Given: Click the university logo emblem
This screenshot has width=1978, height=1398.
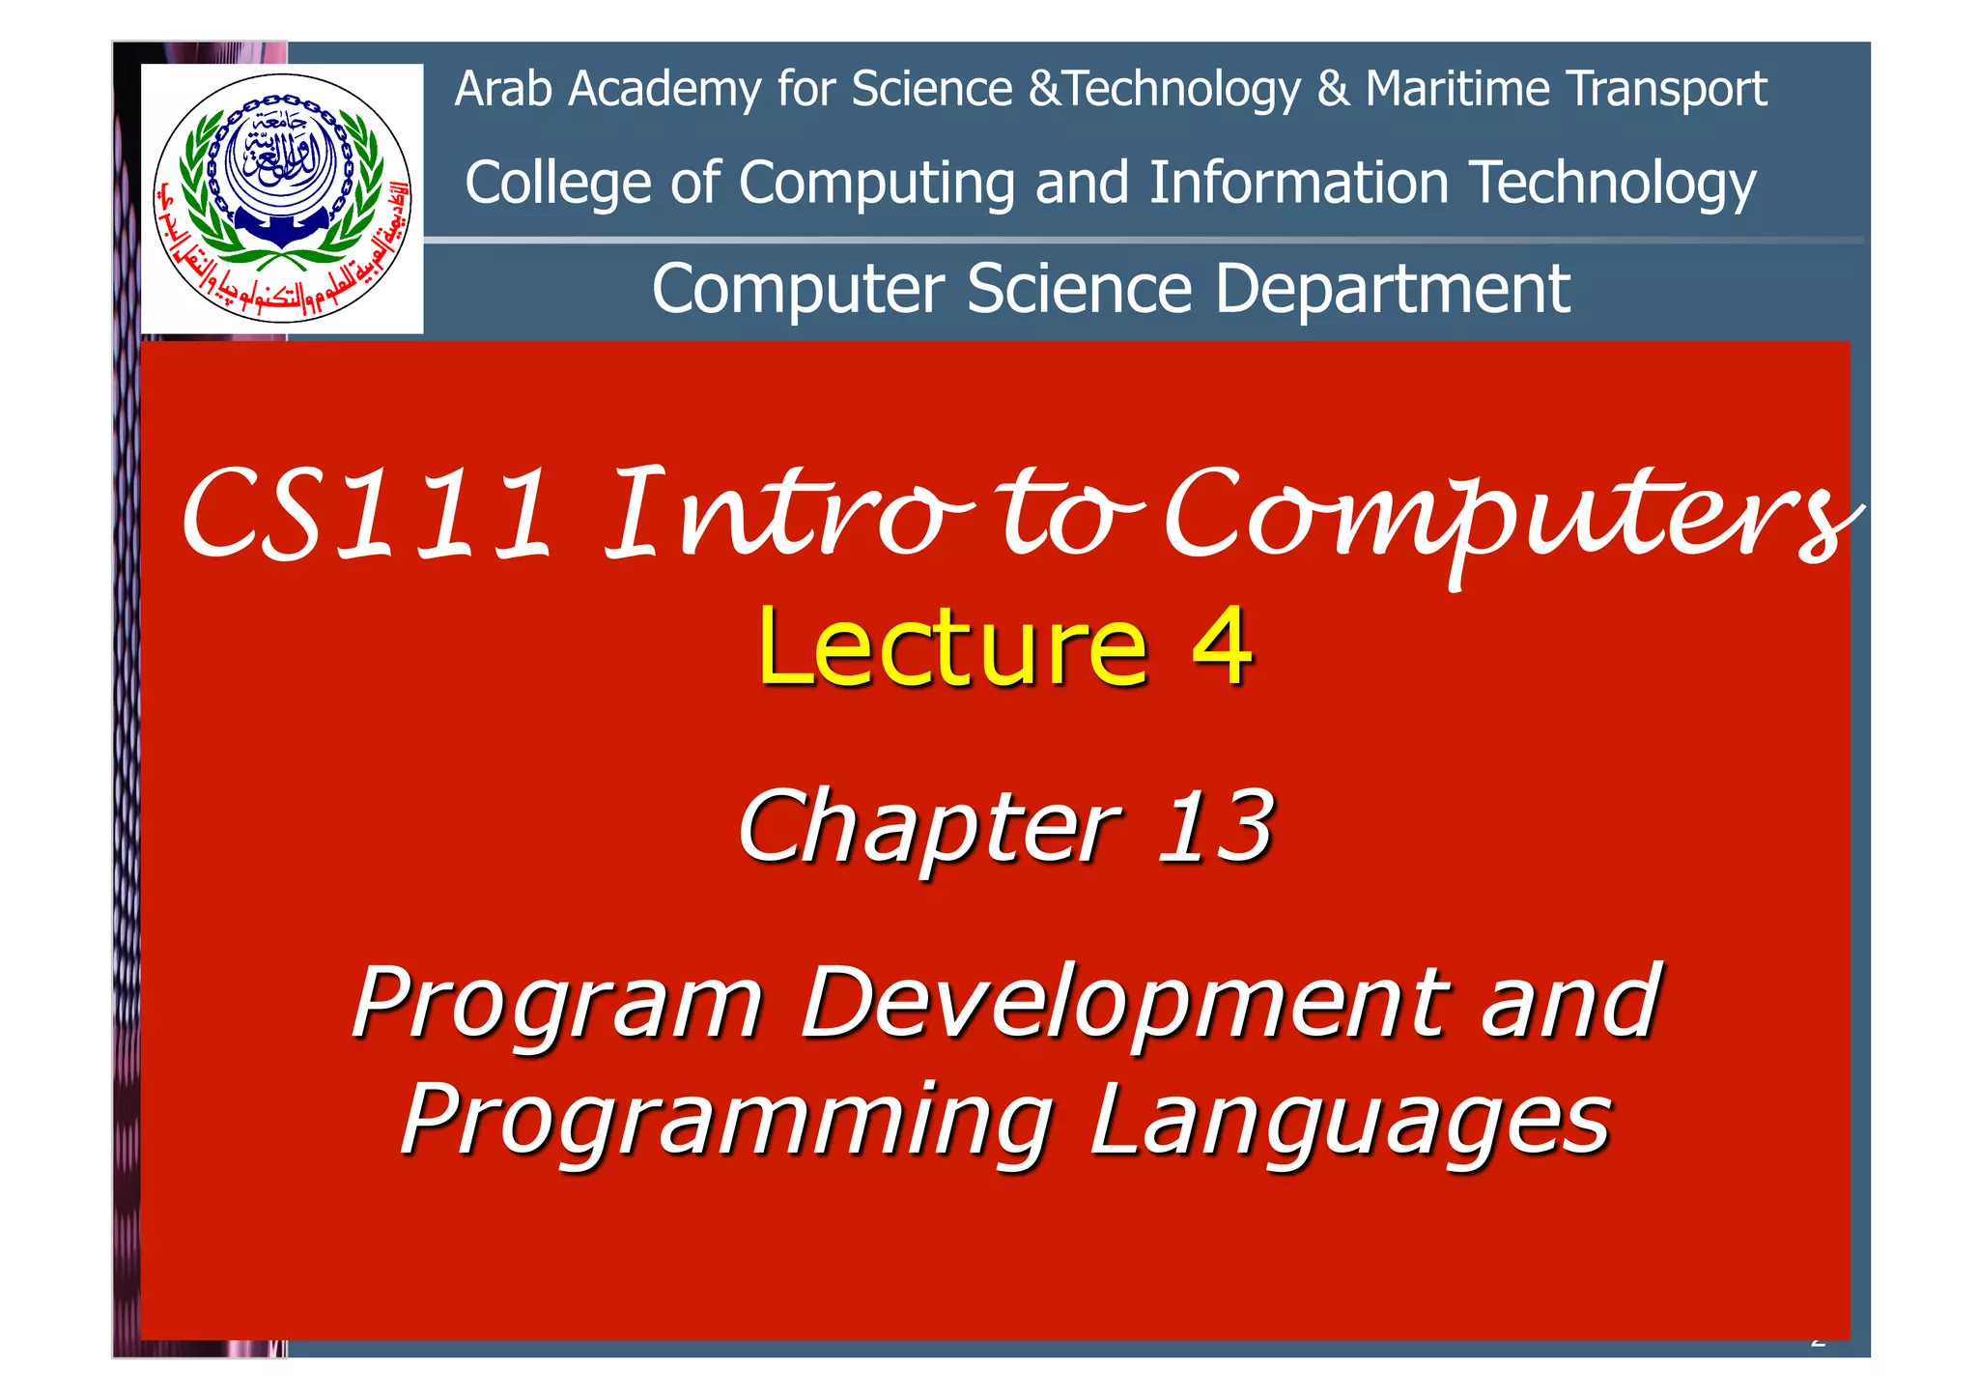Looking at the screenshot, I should tap(281, 198).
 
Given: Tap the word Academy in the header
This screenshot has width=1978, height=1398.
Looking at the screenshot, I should tap(664, 91).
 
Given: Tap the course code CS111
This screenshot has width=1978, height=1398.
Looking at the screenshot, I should tap(365, 514).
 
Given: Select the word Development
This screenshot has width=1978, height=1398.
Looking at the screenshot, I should tap(1125, 1004).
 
